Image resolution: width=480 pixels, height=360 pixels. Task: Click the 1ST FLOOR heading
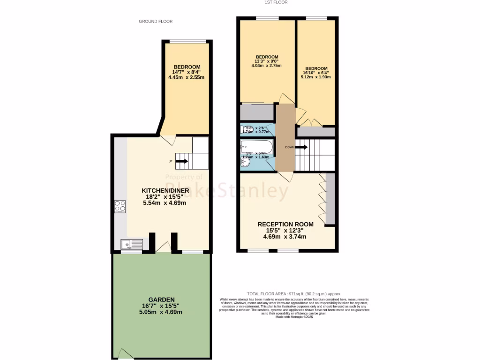click(276, 2)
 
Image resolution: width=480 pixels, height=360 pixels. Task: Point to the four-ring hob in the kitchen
click(120, 206)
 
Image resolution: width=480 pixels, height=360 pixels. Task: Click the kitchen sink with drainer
click(132, 244)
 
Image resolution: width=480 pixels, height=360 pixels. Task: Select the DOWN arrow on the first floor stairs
click(302, 147)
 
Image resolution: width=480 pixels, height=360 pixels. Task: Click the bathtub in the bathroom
click(256, 145)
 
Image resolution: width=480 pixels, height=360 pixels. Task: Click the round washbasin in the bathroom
click(245, 162)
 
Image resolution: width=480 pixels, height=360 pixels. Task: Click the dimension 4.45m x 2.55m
click(187, 78)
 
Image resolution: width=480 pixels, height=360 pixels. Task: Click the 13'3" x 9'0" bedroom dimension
click(266, 61)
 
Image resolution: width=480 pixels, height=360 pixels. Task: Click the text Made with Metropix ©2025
click(294, 317)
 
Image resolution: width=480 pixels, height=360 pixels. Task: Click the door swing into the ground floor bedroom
click(168, 138)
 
